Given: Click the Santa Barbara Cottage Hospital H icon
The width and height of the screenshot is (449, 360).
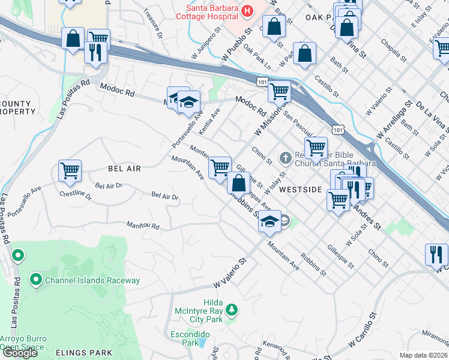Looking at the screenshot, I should click(246, 11).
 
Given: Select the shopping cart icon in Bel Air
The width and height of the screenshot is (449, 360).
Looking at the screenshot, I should click(70, 171).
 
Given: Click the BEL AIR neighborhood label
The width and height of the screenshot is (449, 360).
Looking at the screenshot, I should click(124, 169).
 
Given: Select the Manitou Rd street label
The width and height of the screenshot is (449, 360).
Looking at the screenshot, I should click(143, 226).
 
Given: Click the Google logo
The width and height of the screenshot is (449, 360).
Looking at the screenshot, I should click(20, 353).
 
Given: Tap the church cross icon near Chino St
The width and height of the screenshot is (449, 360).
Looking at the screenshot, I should click(286, 158).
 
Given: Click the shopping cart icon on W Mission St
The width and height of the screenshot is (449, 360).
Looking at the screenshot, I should click(279, 91).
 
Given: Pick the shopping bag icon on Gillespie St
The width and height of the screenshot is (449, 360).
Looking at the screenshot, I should click(239, 182).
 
